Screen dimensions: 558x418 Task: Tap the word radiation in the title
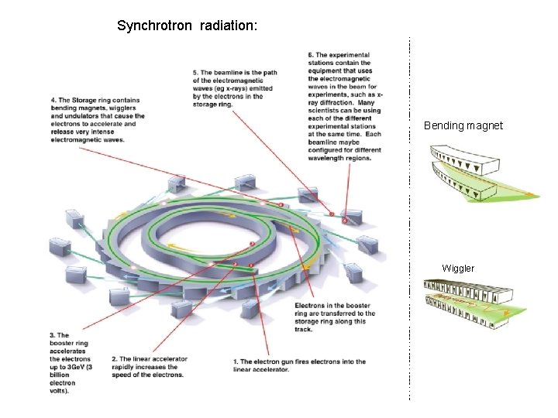(228, 26)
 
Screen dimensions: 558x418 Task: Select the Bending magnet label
(463, 125)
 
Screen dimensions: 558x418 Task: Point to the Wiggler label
(458, 268)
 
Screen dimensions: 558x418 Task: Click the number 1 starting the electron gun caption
(235, 361)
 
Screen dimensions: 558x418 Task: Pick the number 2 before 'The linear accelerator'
(113, 359)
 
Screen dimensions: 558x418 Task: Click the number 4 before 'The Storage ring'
(53, 100)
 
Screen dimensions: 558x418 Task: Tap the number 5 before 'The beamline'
(195, 74)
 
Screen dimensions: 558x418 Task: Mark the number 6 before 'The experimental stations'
(310, 55)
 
